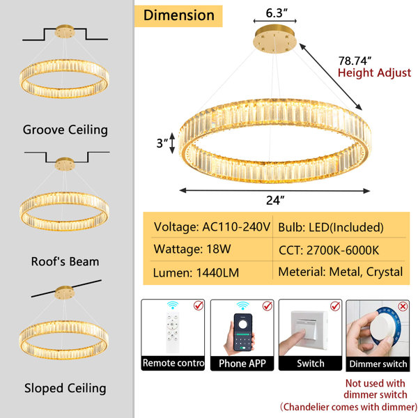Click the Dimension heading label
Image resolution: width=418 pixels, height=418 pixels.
178,15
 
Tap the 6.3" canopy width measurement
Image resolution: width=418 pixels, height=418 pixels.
277,13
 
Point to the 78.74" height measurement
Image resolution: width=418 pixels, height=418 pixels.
355,61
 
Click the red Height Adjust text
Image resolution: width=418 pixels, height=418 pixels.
374,72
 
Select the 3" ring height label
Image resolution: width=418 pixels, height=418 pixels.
162,143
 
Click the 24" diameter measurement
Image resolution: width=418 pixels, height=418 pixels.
275,200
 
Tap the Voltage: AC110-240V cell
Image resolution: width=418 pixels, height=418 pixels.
212,227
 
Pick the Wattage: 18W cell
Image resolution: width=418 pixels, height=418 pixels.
192,249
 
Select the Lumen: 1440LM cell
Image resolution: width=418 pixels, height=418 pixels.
196,272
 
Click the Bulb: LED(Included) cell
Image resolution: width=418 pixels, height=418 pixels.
331,227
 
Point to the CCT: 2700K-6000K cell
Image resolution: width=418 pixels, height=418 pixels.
329,250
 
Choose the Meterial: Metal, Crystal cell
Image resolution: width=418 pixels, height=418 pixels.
341,272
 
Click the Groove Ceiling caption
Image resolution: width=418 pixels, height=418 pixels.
65,130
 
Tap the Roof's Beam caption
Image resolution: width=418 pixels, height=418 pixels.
65,261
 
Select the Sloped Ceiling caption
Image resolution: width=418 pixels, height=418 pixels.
65,389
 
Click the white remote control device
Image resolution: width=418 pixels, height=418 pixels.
173,332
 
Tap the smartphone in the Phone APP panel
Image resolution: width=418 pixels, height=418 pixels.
242,332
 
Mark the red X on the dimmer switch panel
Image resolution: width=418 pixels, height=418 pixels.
403,307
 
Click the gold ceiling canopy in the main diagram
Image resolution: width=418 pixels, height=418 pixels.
275,40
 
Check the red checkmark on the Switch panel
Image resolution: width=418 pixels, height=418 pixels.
335,306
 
